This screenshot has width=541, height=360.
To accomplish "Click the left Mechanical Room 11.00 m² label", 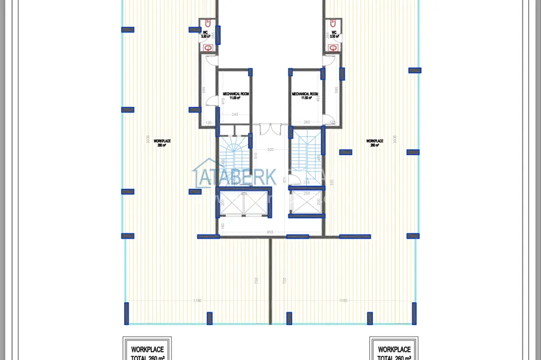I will pos(235,95).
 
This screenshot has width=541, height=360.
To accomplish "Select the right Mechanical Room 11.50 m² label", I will pos(305,95).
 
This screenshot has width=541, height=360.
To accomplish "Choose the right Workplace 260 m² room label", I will pos(374,143).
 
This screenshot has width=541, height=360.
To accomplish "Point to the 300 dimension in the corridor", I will pos(270,150).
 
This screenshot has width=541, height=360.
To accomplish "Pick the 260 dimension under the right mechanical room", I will pos(306,122).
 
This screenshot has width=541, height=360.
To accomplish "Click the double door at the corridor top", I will pos(270,129).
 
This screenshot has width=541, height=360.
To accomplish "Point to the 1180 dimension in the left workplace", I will pos(198,300).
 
